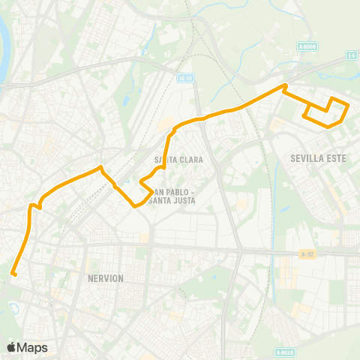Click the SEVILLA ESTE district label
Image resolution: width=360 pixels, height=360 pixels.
[316, 158]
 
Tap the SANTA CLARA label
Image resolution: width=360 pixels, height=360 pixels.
[175, 160]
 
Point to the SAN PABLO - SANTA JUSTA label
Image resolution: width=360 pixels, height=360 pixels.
[172, 195]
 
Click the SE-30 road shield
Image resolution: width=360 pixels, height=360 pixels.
[186, 77]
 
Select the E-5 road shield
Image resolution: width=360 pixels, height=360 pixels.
[351, 55]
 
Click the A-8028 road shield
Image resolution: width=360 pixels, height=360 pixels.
[284, 352]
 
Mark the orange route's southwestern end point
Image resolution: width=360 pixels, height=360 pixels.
[13, 274]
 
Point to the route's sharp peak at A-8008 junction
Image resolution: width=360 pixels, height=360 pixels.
[284, 86]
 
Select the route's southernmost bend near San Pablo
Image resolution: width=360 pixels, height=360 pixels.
[135, 205]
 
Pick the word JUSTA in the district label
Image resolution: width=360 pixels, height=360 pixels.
[185, 199]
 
